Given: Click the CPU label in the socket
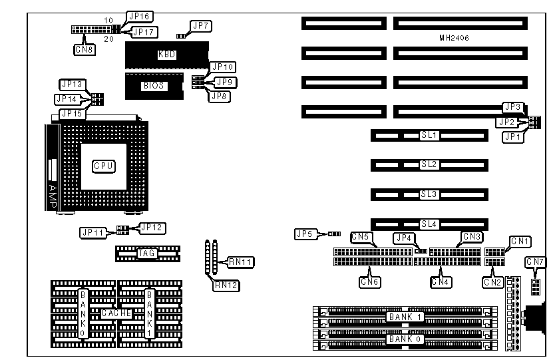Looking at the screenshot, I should [103, 165].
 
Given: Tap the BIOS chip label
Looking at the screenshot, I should [152, 86].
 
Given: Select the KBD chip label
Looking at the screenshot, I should [166, 55].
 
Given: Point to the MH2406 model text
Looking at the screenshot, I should [455, 39].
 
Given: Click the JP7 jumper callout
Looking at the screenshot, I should [200, 26].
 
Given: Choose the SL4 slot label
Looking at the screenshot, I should [429, 225].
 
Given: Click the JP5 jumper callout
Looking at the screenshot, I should [305, 234].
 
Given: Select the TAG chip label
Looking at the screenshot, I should [146, 253].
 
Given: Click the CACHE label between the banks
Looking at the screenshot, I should [116, 313].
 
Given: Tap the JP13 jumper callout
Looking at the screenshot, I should [71, 85].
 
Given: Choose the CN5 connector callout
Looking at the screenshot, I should [362, 237].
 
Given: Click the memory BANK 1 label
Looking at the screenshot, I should [405, 317].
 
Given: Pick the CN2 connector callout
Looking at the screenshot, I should [492, 282].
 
